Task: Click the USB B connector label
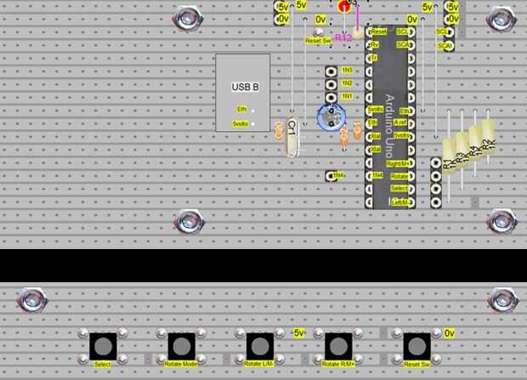pos(245,87)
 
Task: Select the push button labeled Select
pos(103,346)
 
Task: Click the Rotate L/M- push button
pos(259,346)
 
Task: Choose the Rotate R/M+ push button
pos(337,346)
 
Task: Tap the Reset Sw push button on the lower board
pos(416,346)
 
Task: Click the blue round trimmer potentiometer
pos(331,117)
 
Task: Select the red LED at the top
pos(344,6)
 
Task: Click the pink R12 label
pos(343,37)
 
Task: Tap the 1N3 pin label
pos(346,71)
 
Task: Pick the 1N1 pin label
pos(346,96)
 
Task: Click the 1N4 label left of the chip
pos(338,175)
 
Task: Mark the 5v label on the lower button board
pos(298,333)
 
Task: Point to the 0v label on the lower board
pos(450,333)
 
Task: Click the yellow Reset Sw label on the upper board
pos(318,40)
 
